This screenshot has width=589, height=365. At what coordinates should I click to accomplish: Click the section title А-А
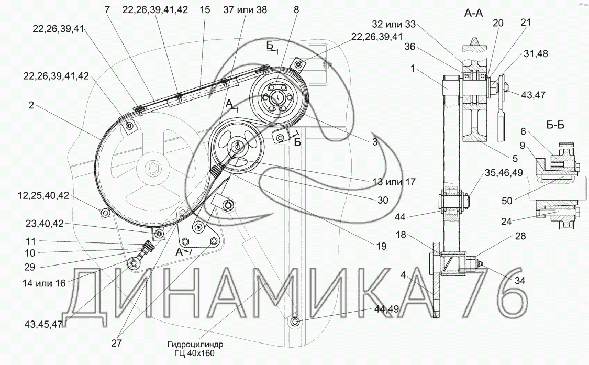pyautogui.click(x=473, y=14)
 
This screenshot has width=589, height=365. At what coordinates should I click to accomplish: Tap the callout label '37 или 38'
pyautogui.click(x=245, y=10)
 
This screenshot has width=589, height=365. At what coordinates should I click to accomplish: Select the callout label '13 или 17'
pyautogui.click(x=394, y=182)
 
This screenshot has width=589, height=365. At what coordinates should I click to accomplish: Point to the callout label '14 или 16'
pyautogui.click(x=44, y=283)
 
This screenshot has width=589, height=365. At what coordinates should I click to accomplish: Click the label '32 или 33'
pyautogui.click(x=394, y=25)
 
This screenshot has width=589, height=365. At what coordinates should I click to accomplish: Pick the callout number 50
pyautogui.click(x=507, y=201)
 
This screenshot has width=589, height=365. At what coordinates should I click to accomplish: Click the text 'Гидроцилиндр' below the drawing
pyautogui.click(x=195, y=345)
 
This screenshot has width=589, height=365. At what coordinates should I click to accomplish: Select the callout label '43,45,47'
pyautogui.click(x=43, y=324)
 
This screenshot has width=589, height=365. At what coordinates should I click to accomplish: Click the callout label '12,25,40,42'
pyautogui.click(x=43, y=195)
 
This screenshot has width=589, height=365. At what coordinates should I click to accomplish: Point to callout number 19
pyautogui.click(x=381, y=246)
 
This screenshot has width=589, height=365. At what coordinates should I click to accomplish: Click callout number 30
pyautogui.click(x=383, y=201)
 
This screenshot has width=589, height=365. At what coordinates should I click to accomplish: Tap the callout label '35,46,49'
pyautogui.click(x=504, y=172)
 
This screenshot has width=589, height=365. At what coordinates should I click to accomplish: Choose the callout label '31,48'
pyautogui.click(x=535, y=54)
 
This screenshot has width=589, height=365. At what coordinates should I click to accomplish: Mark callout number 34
pyautogui.click(x=520, y=280)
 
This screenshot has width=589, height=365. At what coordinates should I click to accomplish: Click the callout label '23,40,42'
pyautogui.click(x=45, y=224)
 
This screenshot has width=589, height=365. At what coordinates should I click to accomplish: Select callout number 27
pyautogui.click(x=117, y=343)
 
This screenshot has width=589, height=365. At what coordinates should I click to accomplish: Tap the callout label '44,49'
pyautogui.click(x=386, y=309)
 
